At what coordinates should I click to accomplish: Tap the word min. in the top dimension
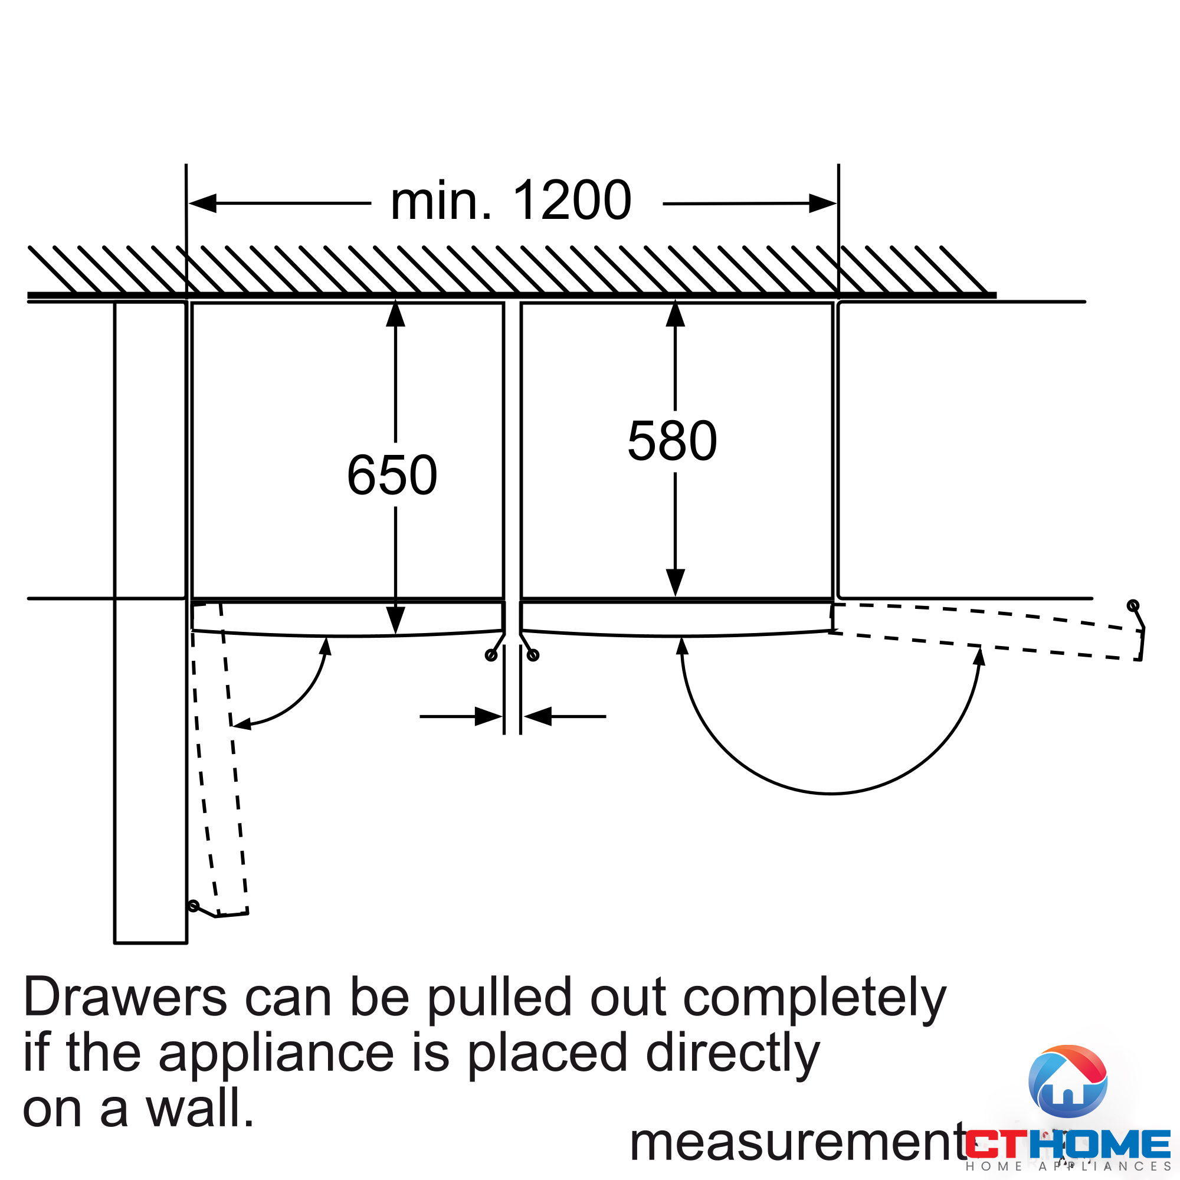point(441,202)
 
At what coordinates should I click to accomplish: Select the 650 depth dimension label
point(392,474)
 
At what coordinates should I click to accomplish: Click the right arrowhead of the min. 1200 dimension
point(822,203)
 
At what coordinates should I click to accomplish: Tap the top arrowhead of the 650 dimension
point(396,314)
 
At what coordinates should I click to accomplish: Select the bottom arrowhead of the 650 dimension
point(396,621)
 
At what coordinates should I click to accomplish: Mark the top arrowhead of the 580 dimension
point(675,314)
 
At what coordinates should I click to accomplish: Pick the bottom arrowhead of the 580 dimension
point(675,583)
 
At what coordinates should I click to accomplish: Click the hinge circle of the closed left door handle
point(490,655)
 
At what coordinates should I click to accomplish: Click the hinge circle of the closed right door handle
point(533,655)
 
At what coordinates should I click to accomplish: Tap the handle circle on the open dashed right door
point(1133,606)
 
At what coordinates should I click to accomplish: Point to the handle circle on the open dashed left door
point(194,906)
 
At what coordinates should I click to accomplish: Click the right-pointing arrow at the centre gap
point(489,716)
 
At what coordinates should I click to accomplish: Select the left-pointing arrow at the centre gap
point(537,716)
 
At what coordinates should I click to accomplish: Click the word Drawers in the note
point(125,997)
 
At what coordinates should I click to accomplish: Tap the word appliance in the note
point(276,1054)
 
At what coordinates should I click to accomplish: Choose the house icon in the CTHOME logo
point(1068,1081)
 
